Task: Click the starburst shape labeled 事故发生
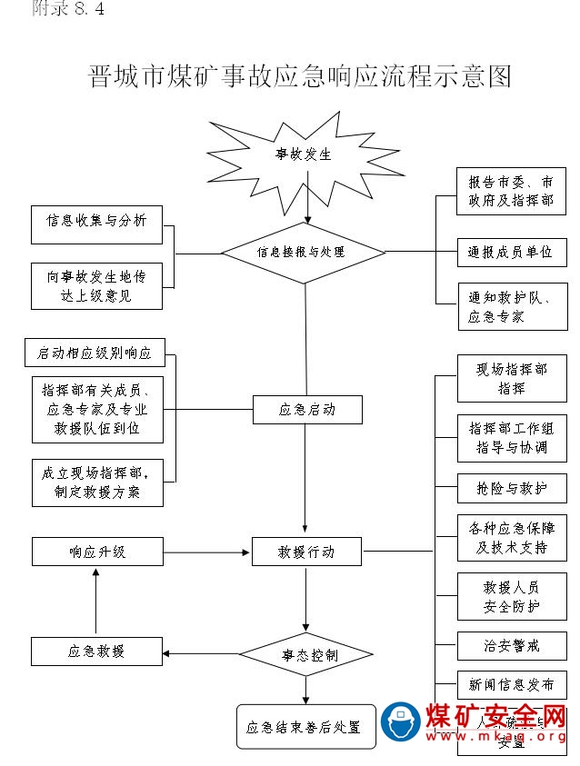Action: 305,155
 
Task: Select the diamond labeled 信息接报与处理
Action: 305,252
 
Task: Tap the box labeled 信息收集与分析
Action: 96,222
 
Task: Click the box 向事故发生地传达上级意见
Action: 96,285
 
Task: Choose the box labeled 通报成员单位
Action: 511,252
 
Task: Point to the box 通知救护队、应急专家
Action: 512,307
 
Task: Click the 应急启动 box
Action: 307,410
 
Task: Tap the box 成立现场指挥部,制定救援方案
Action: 96,482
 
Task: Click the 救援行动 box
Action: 307,551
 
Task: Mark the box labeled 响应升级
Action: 96,551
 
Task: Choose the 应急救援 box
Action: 96,651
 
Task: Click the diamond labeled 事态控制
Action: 306,654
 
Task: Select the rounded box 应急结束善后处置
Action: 305,727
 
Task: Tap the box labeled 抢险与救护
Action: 512,488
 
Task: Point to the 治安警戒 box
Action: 512,645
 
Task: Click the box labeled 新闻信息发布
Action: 512,684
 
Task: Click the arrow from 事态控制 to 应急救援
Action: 201,653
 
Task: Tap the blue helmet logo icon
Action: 400,722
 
